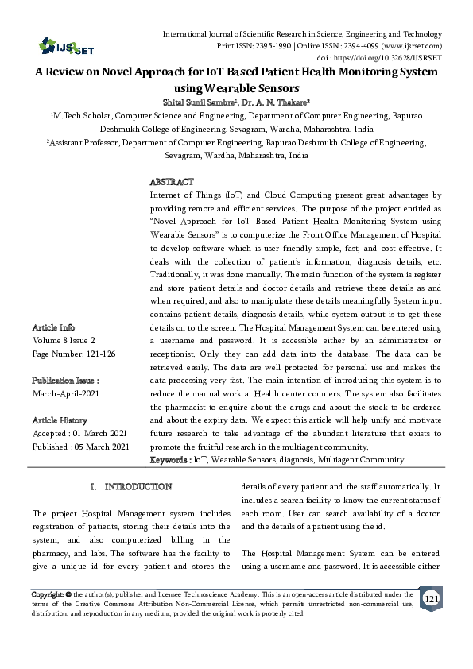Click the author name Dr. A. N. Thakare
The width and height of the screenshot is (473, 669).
point(274,102)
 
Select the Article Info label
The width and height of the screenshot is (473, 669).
point(54,327)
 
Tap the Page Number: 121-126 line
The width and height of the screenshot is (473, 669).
point(73,352)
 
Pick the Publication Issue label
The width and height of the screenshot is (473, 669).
point(65,380)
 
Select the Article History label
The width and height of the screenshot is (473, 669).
point(60,420)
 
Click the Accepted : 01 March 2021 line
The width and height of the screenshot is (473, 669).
point(80,434)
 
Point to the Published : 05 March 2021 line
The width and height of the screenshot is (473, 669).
point(80,447)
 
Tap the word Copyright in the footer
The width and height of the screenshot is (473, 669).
point(46,594)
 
